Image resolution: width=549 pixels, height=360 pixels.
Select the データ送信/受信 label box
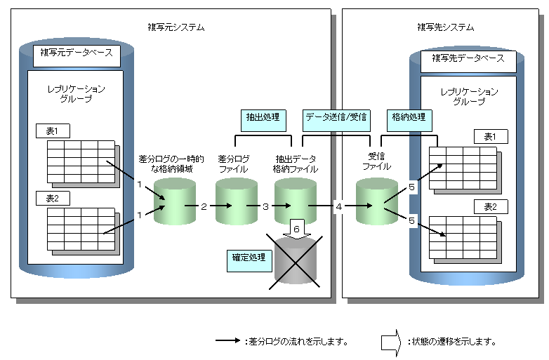point(336,116)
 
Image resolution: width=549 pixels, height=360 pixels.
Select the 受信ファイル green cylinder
point(376,201)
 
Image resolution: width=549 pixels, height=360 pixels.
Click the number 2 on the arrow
point(204,206)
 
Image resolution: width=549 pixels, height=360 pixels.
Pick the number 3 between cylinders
point(265,206)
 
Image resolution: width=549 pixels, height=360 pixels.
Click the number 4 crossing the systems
point(338,206)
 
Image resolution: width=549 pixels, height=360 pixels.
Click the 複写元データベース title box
point(77,53)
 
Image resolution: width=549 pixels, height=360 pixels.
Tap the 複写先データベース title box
point(468,58)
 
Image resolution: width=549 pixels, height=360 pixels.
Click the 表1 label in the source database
point(54,131)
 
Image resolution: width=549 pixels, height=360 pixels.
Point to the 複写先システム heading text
point(445,27)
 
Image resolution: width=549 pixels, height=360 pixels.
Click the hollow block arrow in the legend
point(391,342)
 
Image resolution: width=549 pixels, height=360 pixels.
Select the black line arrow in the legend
point(228,342)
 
